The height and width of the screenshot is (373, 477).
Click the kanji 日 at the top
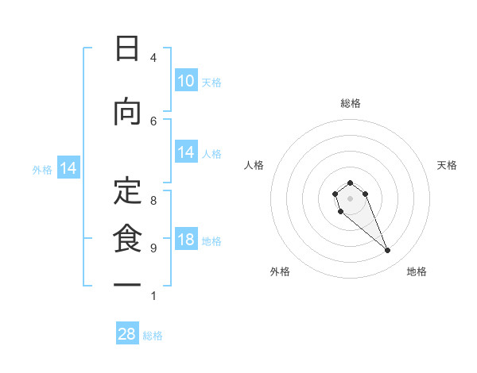pos(126,49)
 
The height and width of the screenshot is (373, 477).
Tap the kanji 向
pos(126,113)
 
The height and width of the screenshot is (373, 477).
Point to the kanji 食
pos(126,239)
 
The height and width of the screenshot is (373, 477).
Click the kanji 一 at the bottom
pos(126,285)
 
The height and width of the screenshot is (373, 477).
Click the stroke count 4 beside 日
pos(153,58)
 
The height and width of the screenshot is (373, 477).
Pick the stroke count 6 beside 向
pos(153,121)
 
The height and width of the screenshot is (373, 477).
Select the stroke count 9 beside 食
pos(153,248)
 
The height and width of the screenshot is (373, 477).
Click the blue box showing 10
pos(186,81)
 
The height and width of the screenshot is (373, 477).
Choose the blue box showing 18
pos(186,240)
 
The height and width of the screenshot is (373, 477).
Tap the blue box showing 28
pos(127,334)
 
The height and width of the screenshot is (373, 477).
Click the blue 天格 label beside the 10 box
pos(211,83)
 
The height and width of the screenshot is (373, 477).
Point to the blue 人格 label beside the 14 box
pos(211,154)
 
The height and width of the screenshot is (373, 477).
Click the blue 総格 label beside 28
pos(153,336)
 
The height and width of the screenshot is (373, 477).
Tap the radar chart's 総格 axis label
pos(351,103)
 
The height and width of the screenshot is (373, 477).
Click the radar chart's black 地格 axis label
pos(417,272)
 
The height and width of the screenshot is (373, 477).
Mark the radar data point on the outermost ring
pos(388,251)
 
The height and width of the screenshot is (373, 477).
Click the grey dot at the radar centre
pos(350,198)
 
